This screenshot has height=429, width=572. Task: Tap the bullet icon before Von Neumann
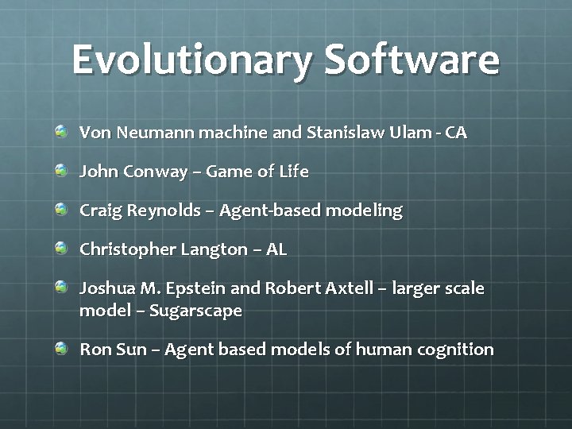(61, 131)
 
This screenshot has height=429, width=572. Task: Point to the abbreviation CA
(456, 133)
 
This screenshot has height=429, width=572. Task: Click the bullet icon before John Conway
(61, 170)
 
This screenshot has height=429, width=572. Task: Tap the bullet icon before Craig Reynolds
(61, 209)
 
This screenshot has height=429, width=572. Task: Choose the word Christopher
(128, 250)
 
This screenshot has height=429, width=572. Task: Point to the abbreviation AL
(276, 249)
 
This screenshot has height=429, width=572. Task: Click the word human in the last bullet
(384, 350)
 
